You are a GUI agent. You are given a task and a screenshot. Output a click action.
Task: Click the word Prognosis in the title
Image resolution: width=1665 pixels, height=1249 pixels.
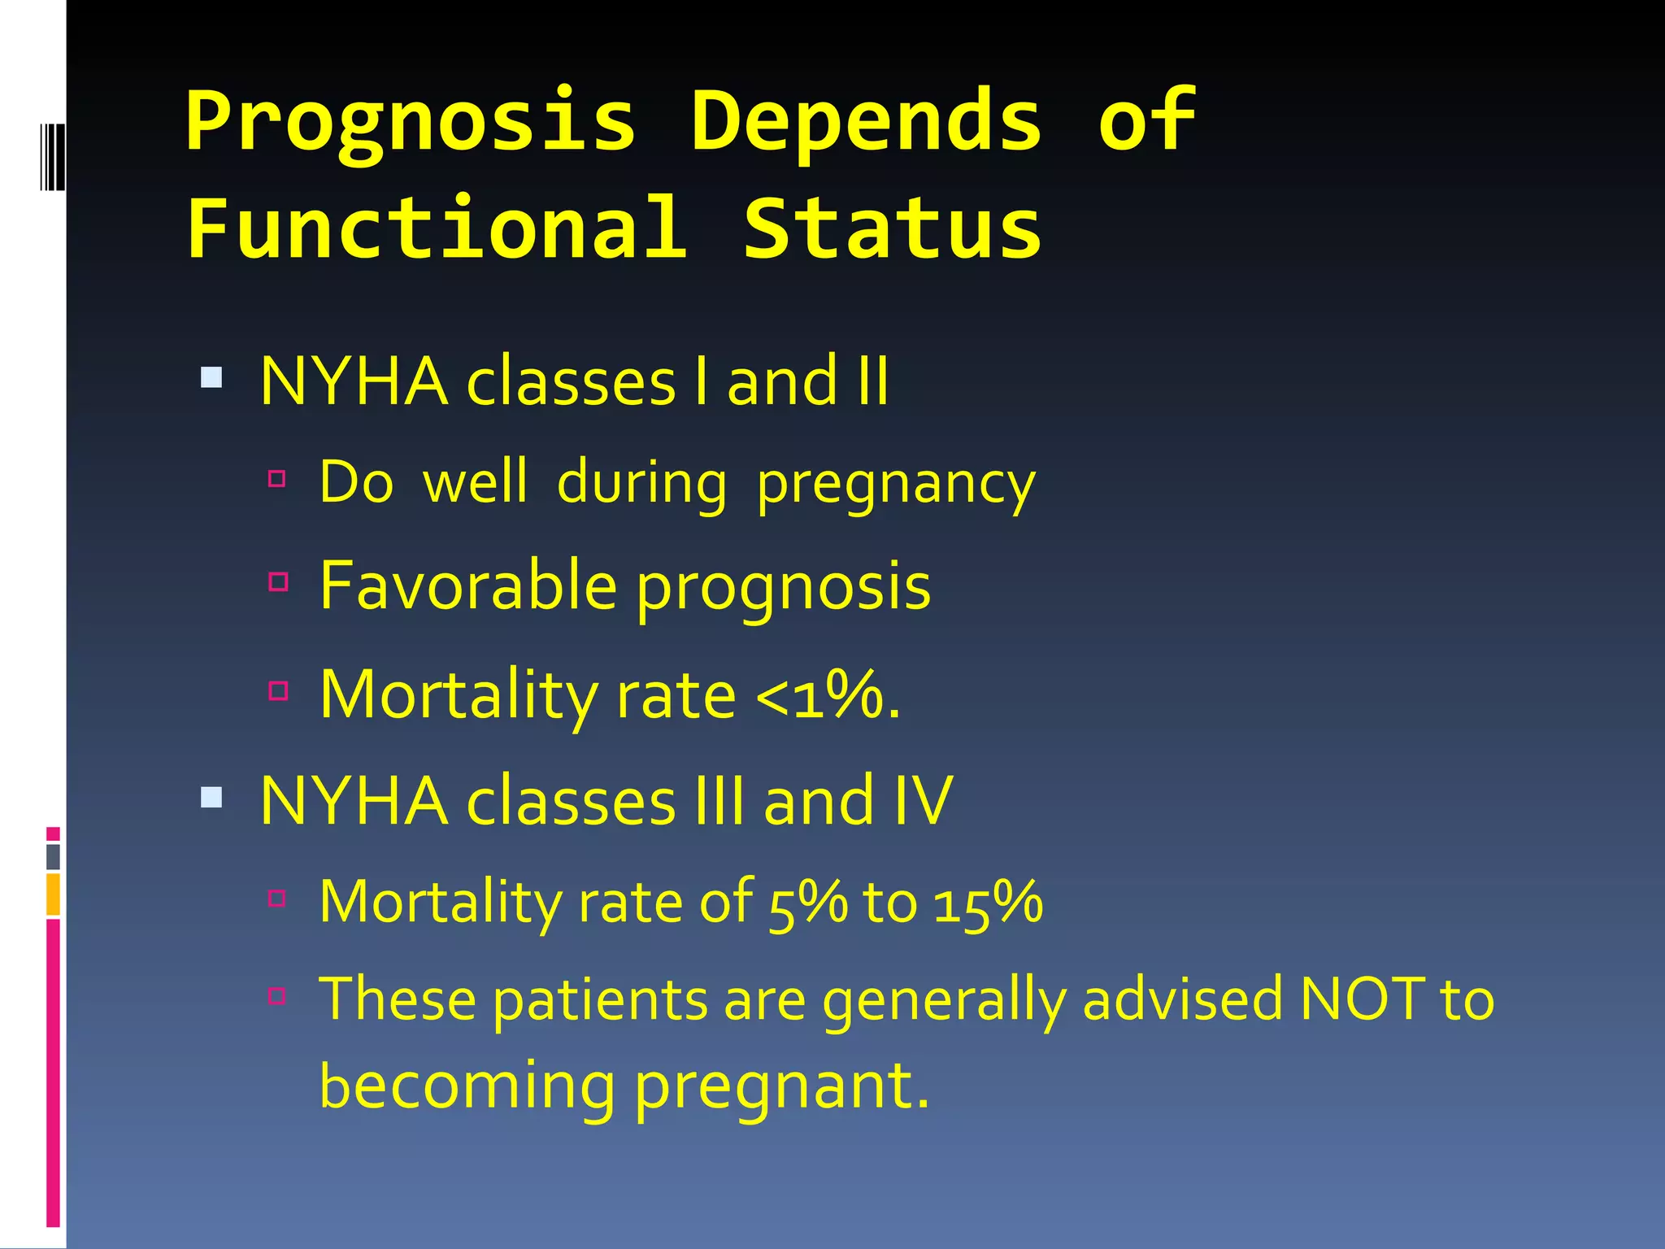411,122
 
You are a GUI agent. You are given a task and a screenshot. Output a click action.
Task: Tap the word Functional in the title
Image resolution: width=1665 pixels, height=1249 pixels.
437,229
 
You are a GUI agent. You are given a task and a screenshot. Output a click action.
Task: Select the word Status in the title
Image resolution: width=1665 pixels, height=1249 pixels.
892,229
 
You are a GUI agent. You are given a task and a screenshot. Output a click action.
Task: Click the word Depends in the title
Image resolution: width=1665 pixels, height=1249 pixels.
866,122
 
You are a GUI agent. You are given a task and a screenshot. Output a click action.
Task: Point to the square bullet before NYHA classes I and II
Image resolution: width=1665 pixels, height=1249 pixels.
211,377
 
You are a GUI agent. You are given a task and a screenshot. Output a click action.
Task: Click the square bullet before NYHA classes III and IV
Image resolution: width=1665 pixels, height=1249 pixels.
211,797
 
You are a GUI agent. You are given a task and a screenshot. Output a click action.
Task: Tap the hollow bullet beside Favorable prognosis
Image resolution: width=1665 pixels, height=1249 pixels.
278,581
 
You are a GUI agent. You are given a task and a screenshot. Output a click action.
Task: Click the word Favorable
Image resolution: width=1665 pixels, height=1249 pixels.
468,585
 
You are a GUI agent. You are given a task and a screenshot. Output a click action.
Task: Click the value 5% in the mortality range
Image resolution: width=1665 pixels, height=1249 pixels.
806,903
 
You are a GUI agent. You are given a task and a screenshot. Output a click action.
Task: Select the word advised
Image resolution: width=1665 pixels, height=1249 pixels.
1183,999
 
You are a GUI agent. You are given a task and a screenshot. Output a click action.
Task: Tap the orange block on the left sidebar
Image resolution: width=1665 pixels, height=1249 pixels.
53,894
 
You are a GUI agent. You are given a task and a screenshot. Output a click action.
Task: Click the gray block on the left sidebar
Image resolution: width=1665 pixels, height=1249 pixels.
53,856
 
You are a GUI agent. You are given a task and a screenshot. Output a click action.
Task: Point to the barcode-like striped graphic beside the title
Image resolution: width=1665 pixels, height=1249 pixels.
52,156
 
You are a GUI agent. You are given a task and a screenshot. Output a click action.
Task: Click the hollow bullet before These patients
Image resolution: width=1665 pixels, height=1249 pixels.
278,995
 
